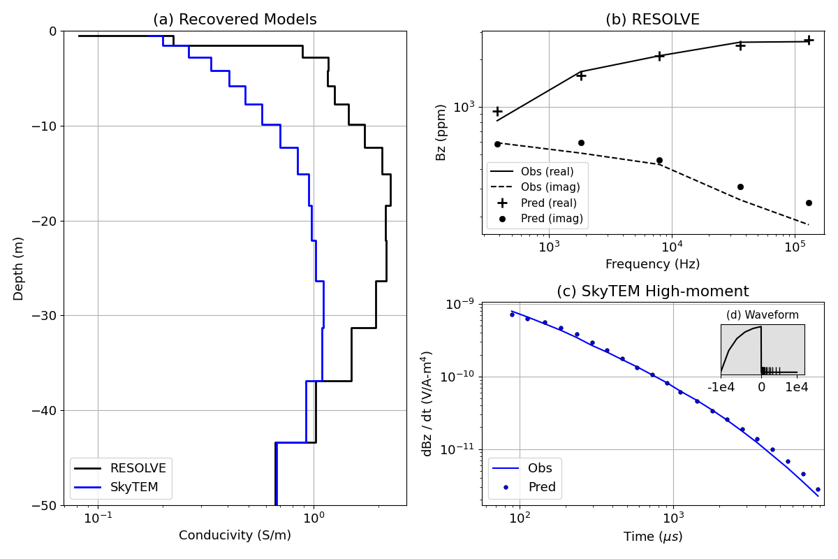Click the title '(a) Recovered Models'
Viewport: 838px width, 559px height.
(235, 20)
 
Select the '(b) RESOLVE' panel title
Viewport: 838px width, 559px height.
(652, 20)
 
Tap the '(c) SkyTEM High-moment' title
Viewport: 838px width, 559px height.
(652, 291)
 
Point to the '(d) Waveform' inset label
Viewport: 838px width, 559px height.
(762, 315)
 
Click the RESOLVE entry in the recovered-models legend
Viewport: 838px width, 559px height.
(138, 469)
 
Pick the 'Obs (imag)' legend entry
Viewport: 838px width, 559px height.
(550, 187)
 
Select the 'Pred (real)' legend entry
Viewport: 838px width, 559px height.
(548, 203)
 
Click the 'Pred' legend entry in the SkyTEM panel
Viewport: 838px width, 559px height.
(542, 487)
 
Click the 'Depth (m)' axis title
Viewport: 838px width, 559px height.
(19, 268)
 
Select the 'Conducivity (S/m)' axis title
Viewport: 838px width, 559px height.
(235, 536)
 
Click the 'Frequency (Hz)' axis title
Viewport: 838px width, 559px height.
(652, 264)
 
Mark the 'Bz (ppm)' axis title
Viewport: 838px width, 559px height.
(441, 132)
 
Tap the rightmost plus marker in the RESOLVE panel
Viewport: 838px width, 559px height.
(809, 41)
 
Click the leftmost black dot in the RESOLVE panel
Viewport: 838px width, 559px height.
(497, 144)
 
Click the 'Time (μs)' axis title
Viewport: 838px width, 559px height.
(652, 537)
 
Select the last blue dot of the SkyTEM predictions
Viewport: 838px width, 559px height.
(818, 490)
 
